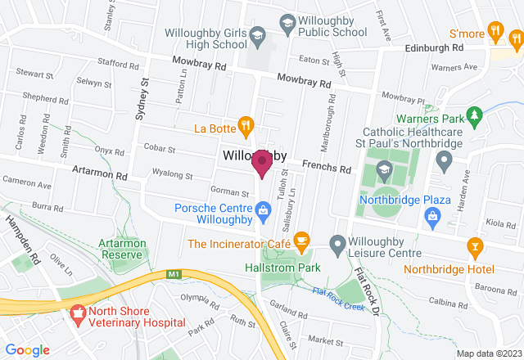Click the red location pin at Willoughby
coord(262,162)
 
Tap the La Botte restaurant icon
coord(245,126)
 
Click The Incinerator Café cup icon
coord(302,241)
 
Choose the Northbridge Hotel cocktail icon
coord(474,245)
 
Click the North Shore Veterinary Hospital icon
coord(78,312)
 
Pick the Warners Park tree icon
coord(472,114)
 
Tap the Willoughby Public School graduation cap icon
coord(287,25)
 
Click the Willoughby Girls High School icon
coord(258,36)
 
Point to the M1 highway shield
coord(173,274)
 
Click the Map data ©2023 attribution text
coord(486,353)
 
